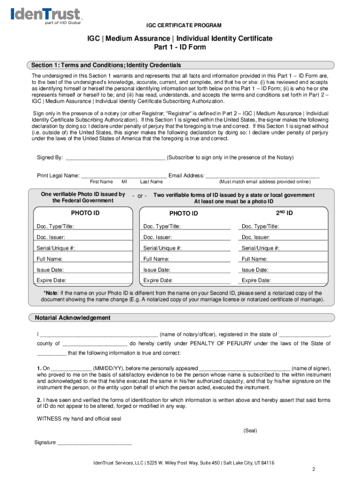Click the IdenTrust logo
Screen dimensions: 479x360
[x=45, y=16]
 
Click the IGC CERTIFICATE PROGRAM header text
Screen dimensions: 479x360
[x=180, y=25]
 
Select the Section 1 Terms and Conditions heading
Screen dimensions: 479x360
[x=106, y=65]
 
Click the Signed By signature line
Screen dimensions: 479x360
[x=115, y=158]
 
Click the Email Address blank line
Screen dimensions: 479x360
[x=262, y=175]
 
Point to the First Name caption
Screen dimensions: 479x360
[x=101, y=181]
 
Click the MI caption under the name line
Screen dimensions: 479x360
[x=124, y=181]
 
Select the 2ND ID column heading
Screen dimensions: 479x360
[x=284, y=213]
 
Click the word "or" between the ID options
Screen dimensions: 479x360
[x=139, y=196]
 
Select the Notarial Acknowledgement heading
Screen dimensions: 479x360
[x=73, y=318]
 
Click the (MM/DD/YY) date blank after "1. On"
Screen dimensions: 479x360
[x=71, y=368]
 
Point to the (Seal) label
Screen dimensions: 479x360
[x=250, y=430]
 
